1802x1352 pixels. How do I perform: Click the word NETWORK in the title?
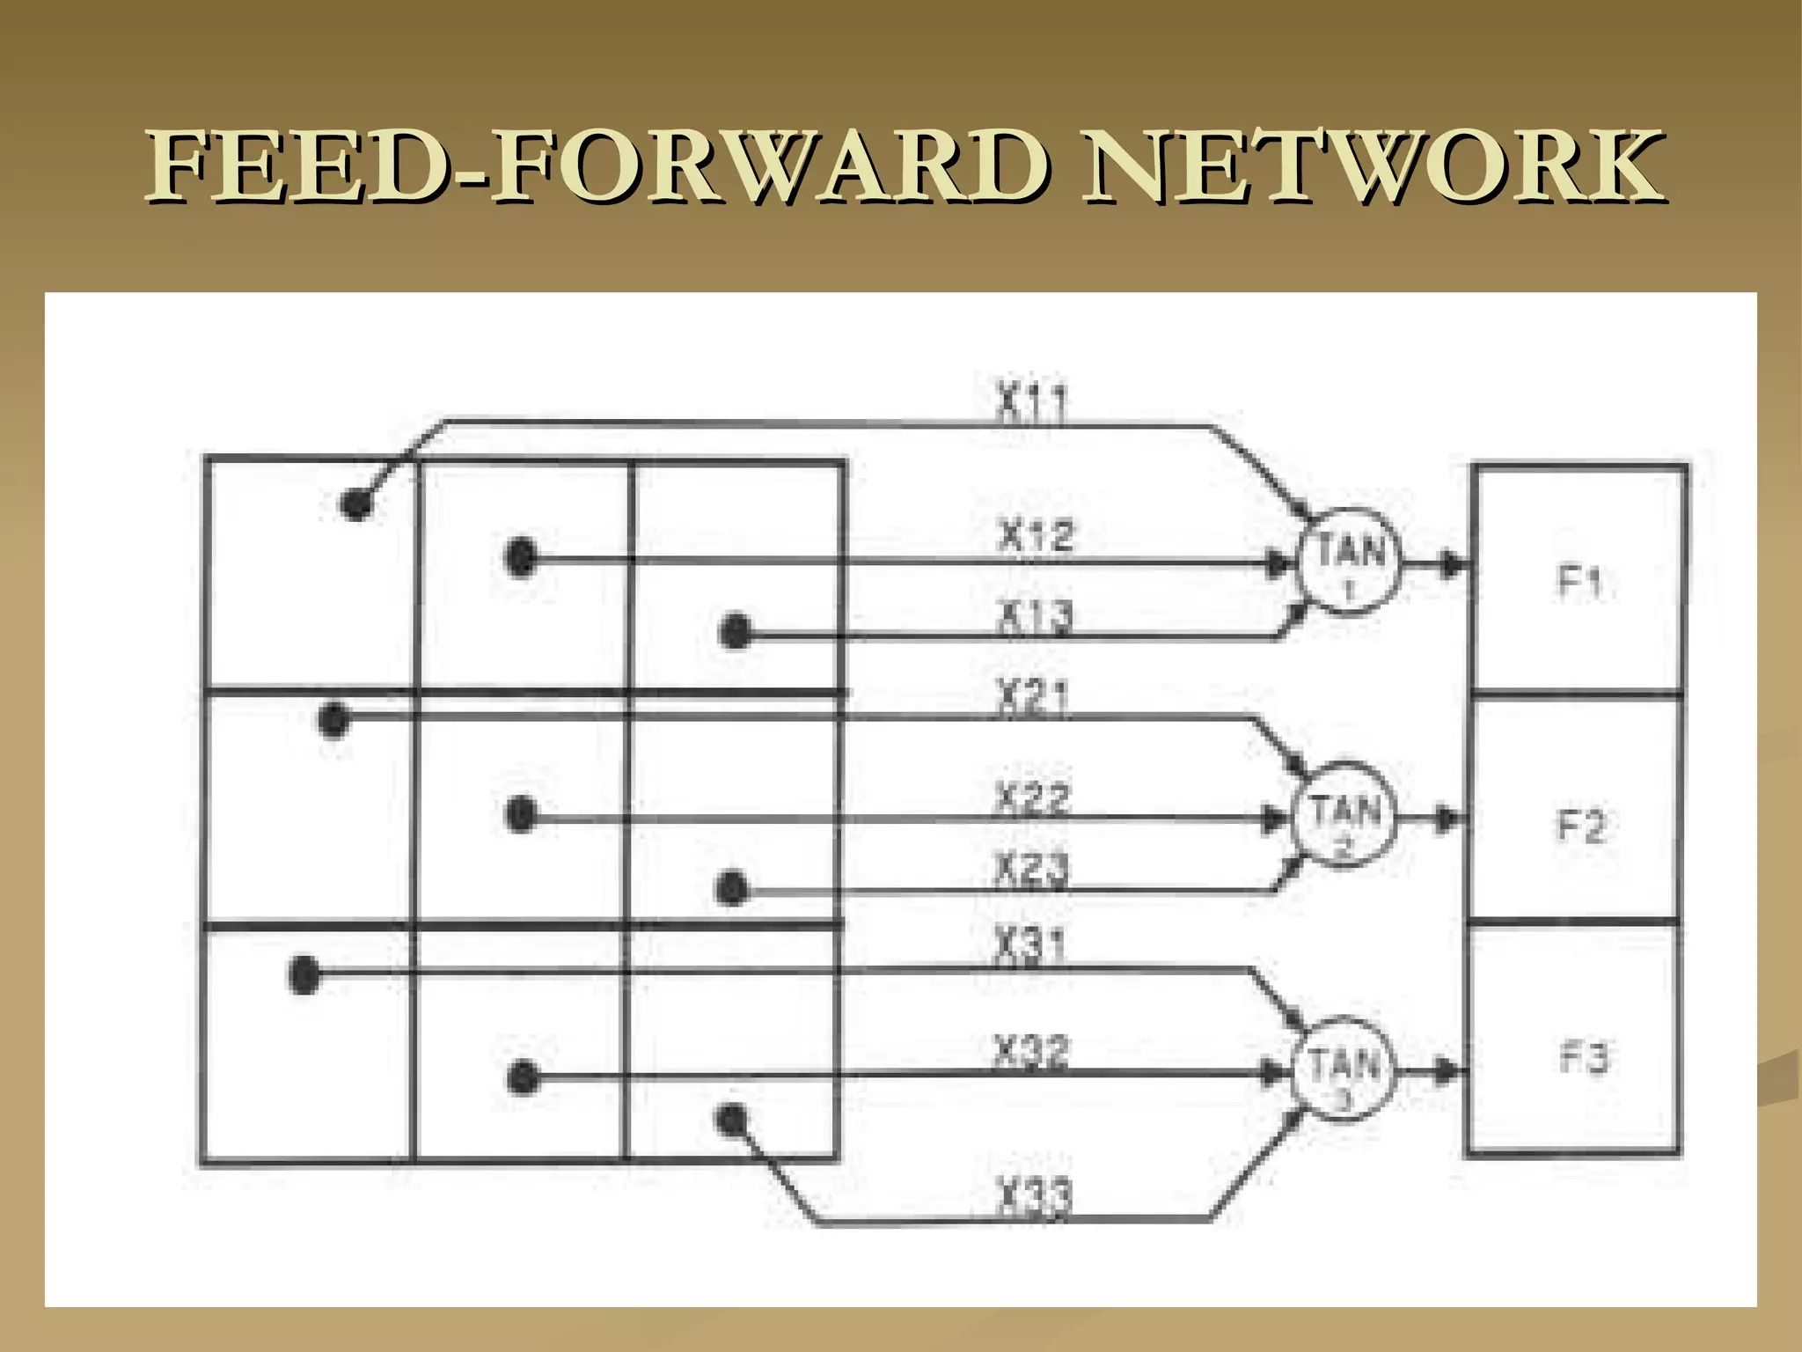[x=1373, y=165]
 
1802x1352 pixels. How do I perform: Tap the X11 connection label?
[x=1032, y=402]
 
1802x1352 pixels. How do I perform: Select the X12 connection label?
[x=1036, y=535]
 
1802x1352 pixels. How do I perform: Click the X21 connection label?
[x=1032, y=696]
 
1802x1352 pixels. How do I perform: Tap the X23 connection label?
[x=1032, y=870]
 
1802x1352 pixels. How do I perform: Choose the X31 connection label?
[x=1030, y=945]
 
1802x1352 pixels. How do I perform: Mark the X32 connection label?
[x=1032, y=1052]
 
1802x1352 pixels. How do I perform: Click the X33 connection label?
[x=1035, y=1198]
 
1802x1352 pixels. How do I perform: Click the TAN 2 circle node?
[x=1344, y=817]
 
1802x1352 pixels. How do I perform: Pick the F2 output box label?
[x=1581, y=826]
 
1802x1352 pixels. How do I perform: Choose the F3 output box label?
[x=1584, y=1057]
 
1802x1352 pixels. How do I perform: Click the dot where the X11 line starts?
[x=356, y=503]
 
